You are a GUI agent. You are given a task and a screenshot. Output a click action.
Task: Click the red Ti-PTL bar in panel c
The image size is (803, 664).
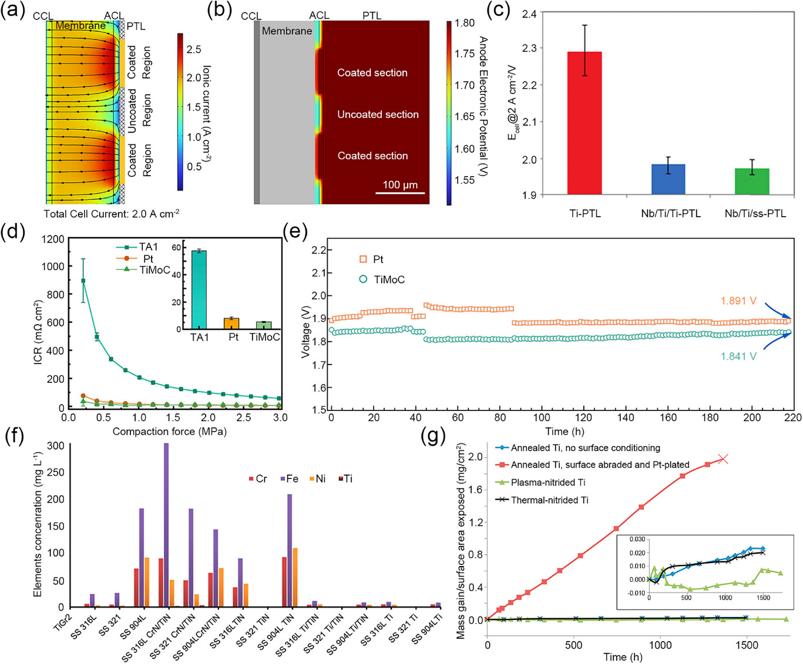point(584,123)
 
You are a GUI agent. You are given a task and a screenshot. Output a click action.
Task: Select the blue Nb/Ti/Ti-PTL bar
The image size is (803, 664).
point(668,179)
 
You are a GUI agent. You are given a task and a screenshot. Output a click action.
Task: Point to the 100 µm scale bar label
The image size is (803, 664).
point(400,185)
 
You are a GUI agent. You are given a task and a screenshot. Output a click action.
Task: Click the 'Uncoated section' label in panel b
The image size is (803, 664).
point(378,114)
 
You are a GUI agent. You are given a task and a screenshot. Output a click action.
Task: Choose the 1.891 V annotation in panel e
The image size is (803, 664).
point(738,301)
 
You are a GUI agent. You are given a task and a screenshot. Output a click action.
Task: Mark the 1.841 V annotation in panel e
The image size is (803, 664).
point(738,356)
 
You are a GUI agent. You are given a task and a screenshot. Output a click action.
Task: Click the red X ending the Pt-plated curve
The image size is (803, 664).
point(724,459)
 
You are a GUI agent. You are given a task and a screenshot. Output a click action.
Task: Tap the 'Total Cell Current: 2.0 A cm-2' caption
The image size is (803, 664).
point(112,214)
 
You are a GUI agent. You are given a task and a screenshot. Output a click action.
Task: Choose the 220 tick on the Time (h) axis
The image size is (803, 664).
point(792,417)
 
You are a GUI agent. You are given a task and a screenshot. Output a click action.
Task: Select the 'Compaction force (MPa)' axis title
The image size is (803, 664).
point(169,432)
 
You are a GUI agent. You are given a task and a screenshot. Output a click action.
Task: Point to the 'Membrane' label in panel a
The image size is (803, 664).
point(80,26)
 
